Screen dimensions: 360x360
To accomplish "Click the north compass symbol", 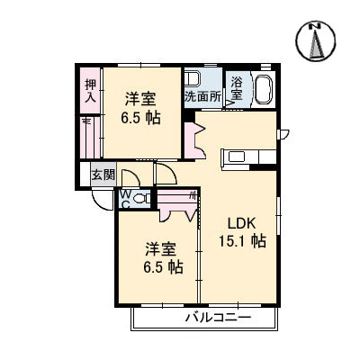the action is tap(315, 41).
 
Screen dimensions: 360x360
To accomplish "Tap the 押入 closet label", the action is tap(90, 91).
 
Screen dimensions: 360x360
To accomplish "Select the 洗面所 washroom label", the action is tap(202, 96).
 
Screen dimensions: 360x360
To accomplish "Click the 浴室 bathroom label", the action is tap(237, 88).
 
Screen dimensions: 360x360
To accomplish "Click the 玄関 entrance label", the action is tap(103, 175).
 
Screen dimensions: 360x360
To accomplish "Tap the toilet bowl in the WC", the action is tap(141, 198).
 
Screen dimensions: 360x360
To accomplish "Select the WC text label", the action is tap(126, 200).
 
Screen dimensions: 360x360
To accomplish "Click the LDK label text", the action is tap(242, 223).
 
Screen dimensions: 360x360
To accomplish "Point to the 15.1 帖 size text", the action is tap(242, 241).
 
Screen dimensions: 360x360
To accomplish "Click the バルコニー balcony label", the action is tap(218, 318).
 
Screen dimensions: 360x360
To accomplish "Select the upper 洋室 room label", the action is tap(140, 99).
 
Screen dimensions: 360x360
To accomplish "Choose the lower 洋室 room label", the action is tap(161, 248).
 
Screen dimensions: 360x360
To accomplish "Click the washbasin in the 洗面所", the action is tap(192, 79).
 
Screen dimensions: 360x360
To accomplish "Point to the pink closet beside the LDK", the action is tap(193, 140).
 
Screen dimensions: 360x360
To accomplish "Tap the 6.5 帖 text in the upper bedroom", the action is tap(140, 118).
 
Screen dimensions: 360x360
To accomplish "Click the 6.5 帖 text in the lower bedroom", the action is tap(163, 267).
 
